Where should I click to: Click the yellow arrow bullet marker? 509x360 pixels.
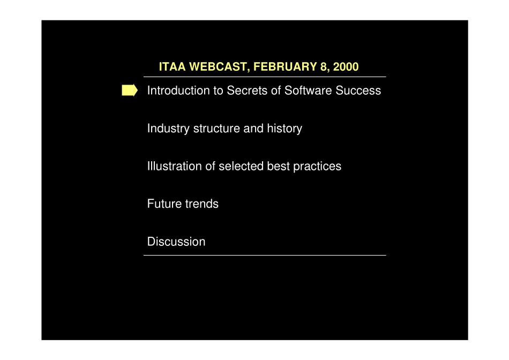point(130,90)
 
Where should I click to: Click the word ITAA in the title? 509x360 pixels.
point(172,66)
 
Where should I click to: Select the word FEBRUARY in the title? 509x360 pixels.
point(285,66)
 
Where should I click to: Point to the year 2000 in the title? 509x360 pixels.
point(346,66)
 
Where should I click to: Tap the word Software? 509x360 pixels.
point(308,90)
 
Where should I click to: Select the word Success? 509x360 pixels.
point(358,90)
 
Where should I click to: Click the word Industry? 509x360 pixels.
point(168,129)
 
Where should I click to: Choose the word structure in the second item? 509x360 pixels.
point(216,129)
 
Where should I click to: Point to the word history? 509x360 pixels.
point(285,129)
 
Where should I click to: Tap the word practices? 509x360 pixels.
point(317,167)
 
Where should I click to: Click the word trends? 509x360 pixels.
point(201,204)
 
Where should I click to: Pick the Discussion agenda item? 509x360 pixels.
point(176,242)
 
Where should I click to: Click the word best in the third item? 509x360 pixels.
point(279,166)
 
